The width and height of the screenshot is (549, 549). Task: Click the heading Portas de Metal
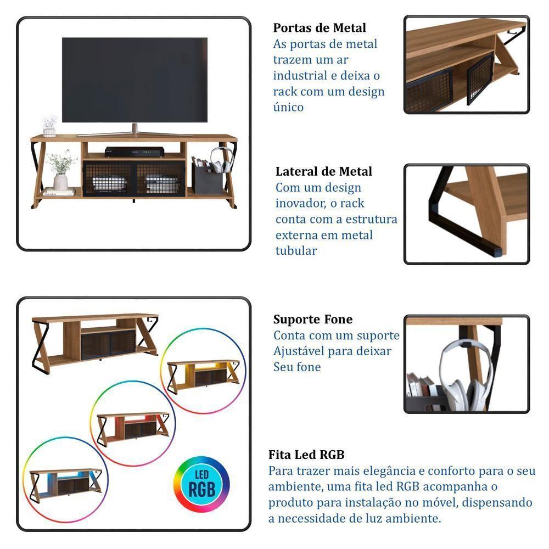[320, 28]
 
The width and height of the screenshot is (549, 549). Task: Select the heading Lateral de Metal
[324, 172]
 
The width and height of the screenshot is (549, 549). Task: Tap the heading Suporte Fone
[313, 320]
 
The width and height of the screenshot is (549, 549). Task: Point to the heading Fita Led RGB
[306, 455]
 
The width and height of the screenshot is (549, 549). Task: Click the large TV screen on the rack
[135, 80]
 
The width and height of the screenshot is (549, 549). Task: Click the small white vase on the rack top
[49, 130]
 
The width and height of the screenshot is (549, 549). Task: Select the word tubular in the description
[296, 251]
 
